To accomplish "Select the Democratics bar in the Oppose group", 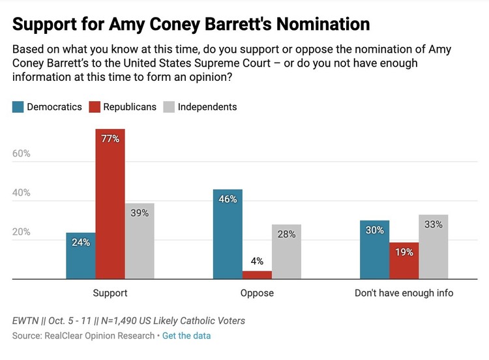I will coord(228,234).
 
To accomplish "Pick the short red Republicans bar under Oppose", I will coord(257,275).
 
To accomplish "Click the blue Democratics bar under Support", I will coord(80,256).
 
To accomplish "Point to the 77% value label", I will coord(110,138).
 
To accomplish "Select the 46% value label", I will coord(228,199).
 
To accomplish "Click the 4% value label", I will coord(257,262).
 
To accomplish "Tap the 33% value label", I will coord(433,224).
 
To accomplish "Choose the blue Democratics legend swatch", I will coord(18,107).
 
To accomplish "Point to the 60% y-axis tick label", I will coord(22,154).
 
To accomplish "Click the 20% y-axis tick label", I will coord(22,232).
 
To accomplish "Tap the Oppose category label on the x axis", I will coord(257,293).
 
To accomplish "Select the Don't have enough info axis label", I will coord(404,293).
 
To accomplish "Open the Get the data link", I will coord(186,336).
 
